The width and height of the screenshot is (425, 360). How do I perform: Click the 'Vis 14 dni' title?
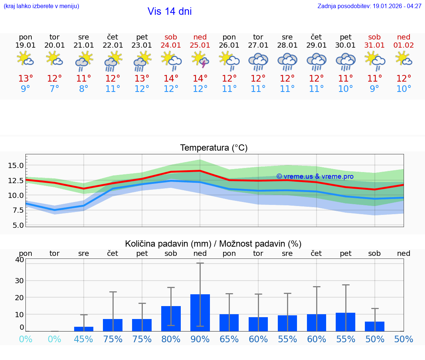(169, 11)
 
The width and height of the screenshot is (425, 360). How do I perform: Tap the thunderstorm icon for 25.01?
(200, 60)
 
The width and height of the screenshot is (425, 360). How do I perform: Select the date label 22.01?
(113, 45)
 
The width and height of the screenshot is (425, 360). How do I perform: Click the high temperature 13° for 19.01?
(25, 79)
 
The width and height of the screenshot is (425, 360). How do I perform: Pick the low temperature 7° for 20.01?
(55, 89)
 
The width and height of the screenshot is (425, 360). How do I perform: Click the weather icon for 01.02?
(404, 59)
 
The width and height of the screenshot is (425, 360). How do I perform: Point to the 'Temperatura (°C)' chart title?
(214, 148)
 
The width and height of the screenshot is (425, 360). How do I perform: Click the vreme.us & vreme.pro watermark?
(315, 176)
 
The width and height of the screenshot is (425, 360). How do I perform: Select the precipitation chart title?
(213, 244)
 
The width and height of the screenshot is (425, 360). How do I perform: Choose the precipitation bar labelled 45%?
(84, 329)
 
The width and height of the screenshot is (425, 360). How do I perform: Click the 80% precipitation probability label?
(171, 339)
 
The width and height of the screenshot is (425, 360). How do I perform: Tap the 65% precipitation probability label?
(229, 339)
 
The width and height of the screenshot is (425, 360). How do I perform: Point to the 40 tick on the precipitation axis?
(20, 260)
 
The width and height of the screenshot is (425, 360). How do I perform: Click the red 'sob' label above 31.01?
(374, 37)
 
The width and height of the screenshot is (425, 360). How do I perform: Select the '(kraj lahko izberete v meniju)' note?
(41, 6)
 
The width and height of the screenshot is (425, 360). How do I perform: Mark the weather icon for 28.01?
(287, 61)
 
